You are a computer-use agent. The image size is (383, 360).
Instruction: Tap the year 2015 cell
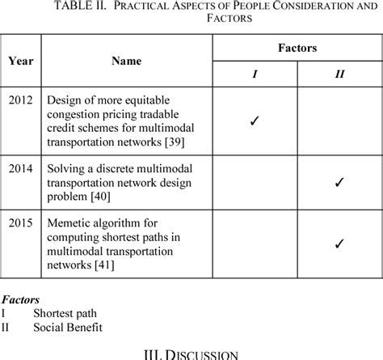coord(21,222)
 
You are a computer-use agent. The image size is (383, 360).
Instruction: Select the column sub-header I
coord(255,74)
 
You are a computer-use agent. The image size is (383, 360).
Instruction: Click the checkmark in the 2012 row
coord(254,121)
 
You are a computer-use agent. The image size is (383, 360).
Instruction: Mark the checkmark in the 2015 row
coord(339,242)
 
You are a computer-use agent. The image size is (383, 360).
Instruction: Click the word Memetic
coord(68,222)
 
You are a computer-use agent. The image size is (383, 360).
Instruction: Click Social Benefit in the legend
coord(67,328)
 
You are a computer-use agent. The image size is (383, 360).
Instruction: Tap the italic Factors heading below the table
coord(20,299)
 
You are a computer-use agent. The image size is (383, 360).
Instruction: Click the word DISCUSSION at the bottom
coord(202,354)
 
